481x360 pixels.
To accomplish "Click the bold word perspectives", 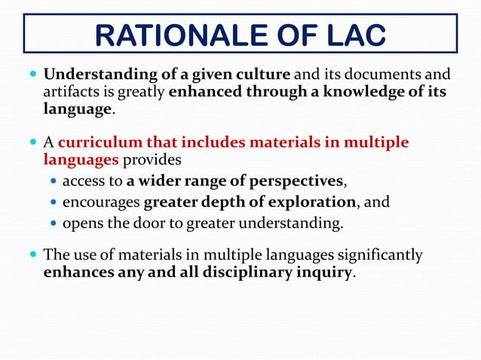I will [292, 182].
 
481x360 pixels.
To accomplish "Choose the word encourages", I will [101, 203].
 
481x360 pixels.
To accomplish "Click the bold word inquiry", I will [323, 272].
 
